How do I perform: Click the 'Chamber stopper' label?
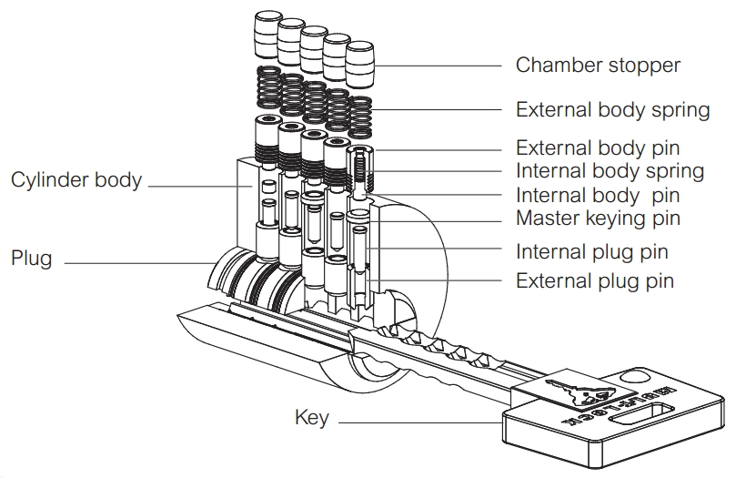point(598,66)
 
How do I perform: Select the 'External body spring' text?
point(612,110)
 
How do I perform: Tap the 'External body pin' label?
point(598,147)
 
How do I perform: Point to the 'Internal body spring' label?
point(610,171)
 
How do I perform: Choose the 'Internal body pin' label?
point(598,195)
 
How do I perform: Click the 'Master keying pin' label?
point(598,219)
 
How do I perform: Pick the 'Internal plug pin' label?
point(594,251)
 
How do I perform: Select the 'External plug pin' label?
point(595,280)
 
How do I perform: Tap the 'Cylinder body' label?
point(76,179)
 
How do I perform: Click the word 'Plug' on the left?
point(31,258)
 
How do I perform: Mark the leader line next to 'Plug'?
point(136,263)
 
